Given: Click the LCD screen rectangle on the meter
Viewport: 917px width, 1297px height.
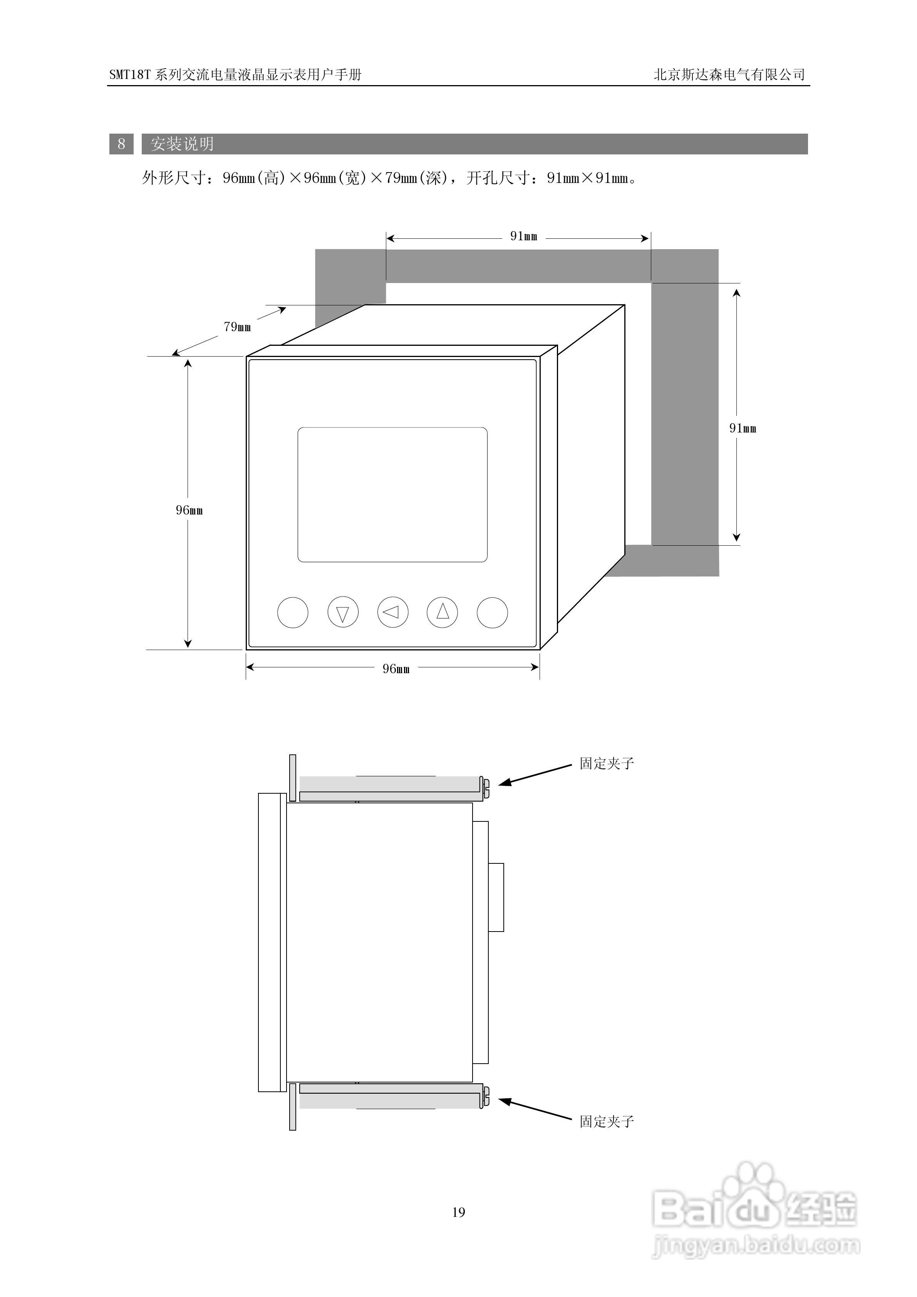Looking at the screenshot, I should [392, 494].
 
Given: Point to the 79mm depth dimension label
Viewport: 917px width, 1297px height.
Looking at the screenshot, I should [237, 327].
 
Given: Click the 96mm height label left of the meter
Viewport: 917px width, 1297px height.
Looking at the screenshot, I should [189, 510].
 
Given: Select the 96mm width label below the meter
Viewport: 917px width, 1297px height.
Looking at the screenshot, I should [396, 669].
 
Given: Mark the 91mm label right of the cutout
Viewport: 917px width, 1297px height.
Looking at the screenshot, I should [743, 428].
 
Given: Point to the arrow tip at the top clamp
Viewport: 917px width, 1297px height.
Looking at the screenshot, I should [500, 784].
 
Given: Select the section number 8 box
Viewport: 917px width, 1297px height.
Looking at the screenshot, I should [121, 144].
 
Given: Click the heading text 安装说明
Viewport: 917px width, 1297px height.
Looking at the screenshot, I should [182, 144].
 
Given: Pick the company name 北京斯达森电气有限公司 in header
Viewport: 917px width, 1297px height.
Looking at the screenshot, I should [729, 75].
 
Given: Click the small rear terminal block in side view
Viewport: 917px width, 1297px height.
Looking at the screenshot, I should [496, 897].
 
